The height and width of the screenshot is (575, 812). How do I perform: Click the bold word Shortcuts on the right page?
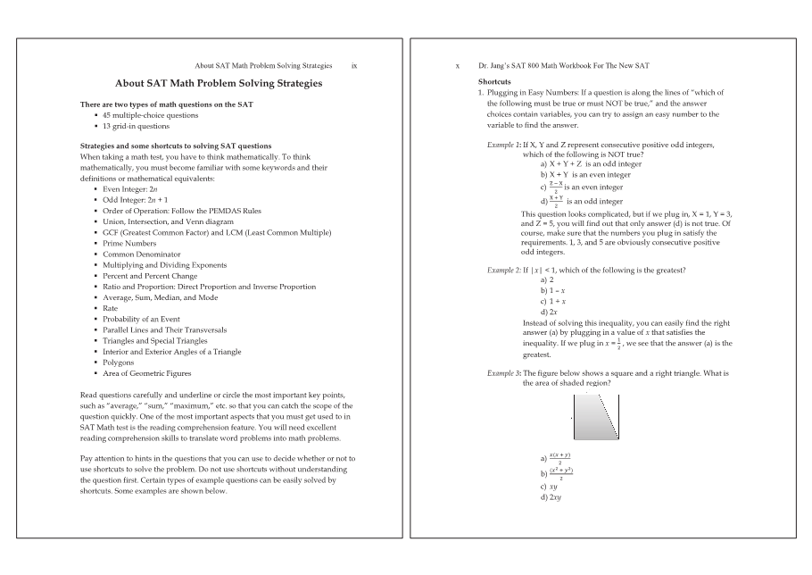495,81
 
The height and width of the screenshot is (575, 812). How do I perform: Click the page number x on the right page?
458,66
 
